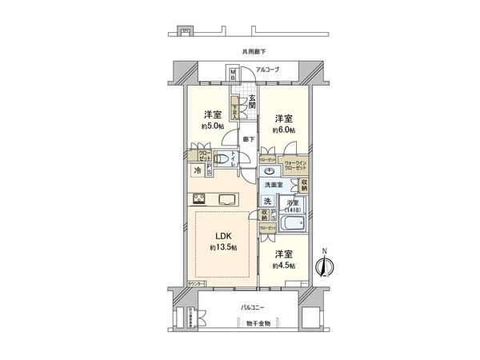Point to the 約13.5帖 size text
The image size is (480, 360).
click(x=223, y=248)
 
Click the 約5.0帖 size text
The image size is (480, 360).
click(x=212, y=126)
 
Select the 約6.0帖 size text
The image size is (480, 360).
click(x=283, y=130)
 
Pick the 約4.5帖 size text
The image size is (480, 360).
click(x=283, y=265)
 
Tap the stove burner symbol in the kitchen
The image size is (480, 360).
click(x=198, y=199)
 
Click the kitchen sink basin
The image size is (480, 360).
click(x=227, y=199)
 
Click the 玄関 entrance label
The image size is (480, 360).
click(x=252, y=102)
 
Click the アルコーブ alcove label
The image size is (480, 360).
click(x=269, y=70)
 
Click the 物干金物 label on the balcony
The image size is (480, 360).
click(x=258, y=323)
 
